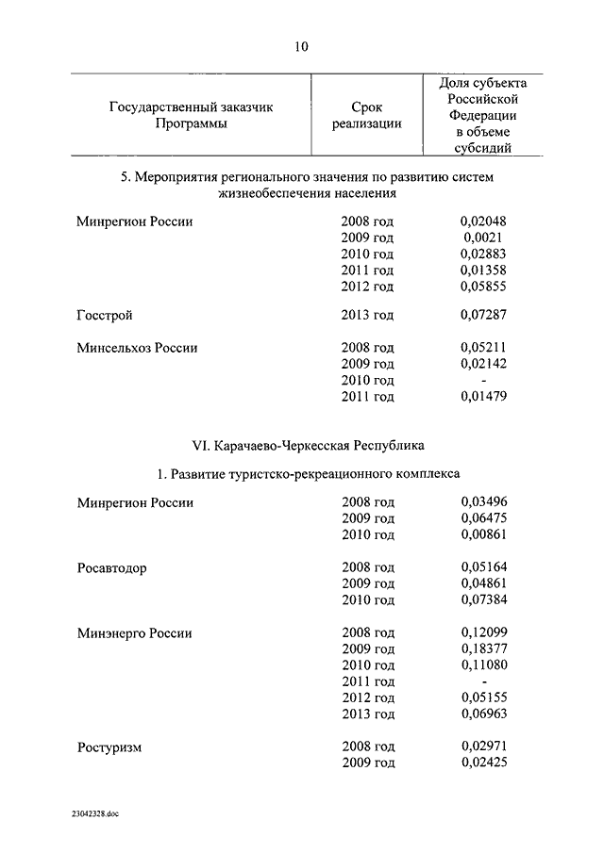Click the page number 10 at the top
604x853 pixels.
(301, 45)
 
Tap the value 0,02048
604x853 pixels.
(483, 221)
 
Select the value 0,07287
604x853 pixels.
(483, 315)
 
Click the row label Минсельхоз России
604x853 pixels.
(137, 348)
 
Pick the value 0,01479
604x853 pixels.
(483, 396)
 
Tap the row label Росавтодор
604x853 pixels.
(111, 567)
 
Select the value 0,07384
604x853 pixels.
(483, 599)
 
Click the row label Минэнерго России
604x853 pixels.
(134, 633)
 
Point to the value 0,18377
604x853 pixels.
(483, 649)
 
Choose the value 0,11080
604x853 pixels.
(483, 665)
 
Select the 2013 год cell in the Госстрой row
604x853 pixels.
(367, 315)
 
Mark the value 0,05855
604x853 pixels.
(483, 286)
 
